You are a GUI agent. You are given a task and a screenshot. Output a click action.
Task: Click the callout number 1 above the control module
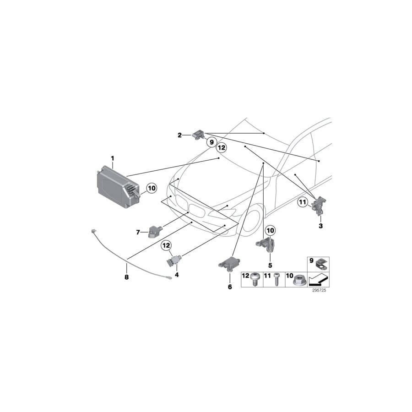click(x=113, y=158)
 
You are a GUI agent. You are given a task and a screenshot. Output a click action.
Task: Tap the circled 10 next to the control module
click(x=152, y=188)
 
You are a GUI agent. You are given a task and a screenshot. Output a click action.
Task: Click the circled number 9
click(x=211, y=143)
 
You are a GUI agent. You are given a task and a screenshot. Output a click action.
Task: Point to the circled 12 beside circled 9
click(x=222, y=148)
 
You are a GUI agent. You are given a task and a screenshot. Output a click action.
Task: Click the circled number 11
click(x=303, y=202)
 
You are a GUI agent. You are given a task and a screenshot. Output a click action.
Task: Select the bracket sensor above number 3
click(x=319, y=205)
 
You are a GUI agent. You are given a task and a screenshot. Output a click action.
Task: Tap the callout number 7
click(x=138, y=233)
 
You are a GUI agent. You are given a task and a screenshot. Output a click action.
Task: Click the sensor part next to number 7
click(x=156, y=232)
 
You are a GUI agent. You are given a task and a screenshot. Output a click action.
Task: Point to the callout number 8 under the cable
click(x=127, y=277)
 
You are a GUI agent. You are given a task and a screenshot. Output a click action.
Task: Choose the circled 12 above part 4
click(x=166, y=246)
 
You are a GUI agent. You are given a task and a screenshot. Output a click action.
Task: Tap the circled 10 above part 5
click(x=270, y=231)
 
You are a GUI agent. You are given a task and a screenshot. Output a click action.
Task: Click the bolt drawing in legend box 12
click(x=255, y=280)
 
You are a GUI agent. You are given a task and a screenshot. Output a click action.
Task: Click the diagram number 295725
click(x=319, y=291)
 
